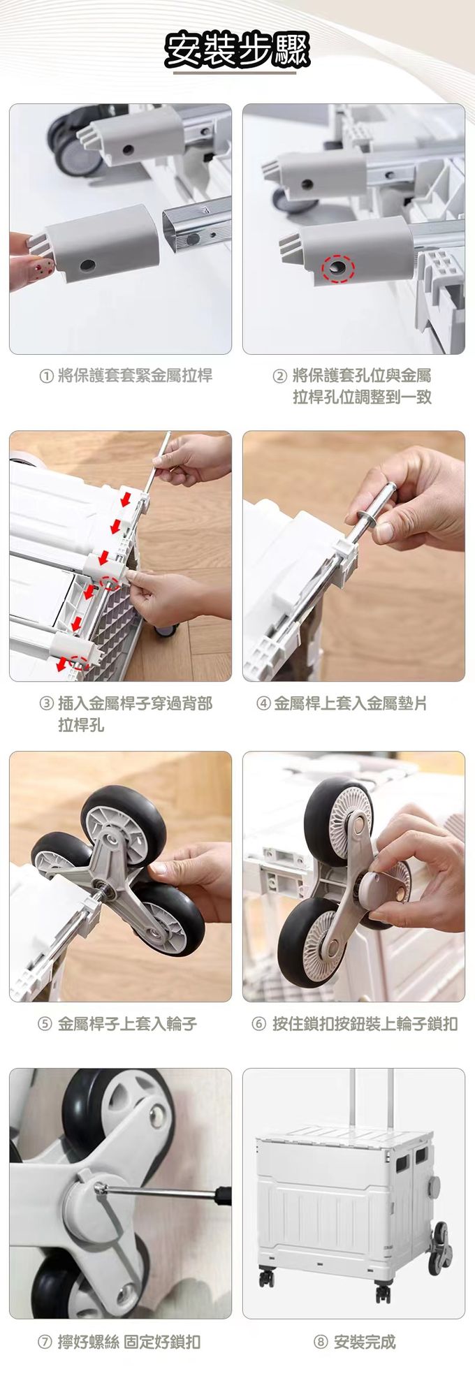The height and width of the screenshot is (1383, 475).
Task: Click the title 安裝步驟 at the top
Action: pyautogui.click(x=237, y=50)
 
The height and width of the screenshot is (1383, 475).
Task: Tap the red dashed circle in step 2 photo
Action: pyautogui.click(x=338, y=268)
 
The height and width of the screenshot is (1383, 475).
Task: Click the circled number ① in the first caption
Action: pyautogui.click(x=46, y=376)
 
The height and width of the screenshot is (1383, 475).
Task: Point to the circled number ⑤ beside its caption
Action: pyautogui.click(x=45, y=1024)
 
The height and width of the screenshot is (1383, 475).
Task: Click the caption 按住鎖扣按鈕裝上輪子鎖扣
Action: pyautogui.click(x=365, y=1024)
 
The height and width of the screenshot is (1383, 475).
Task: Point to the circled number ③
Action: pyautogui.click(x=46, y=704)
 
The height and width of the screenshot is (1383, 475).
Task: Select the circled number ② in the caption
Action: pyautogui.click(x=279, y=376)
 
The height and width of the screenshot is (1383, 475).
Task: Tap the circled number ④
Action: pyautogui.click(x=263, y=704)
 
